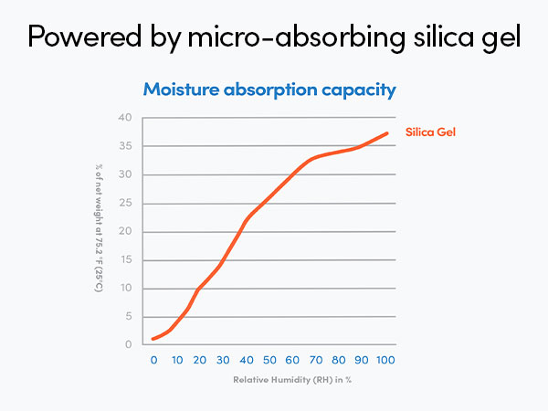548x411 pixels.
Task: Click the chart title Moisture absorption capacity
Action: (269, 90)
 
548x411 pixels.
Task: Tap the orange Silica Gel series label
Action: (430, 132)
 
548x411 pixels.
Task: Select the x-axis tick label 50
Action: (270, 360)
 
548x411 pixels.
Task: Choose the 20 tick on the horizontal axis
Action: (200, 360)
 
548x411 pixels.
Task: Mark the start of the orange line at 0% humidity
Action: (153, 339)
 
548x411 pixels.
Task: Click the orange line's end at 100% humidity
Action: (387, 133)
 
